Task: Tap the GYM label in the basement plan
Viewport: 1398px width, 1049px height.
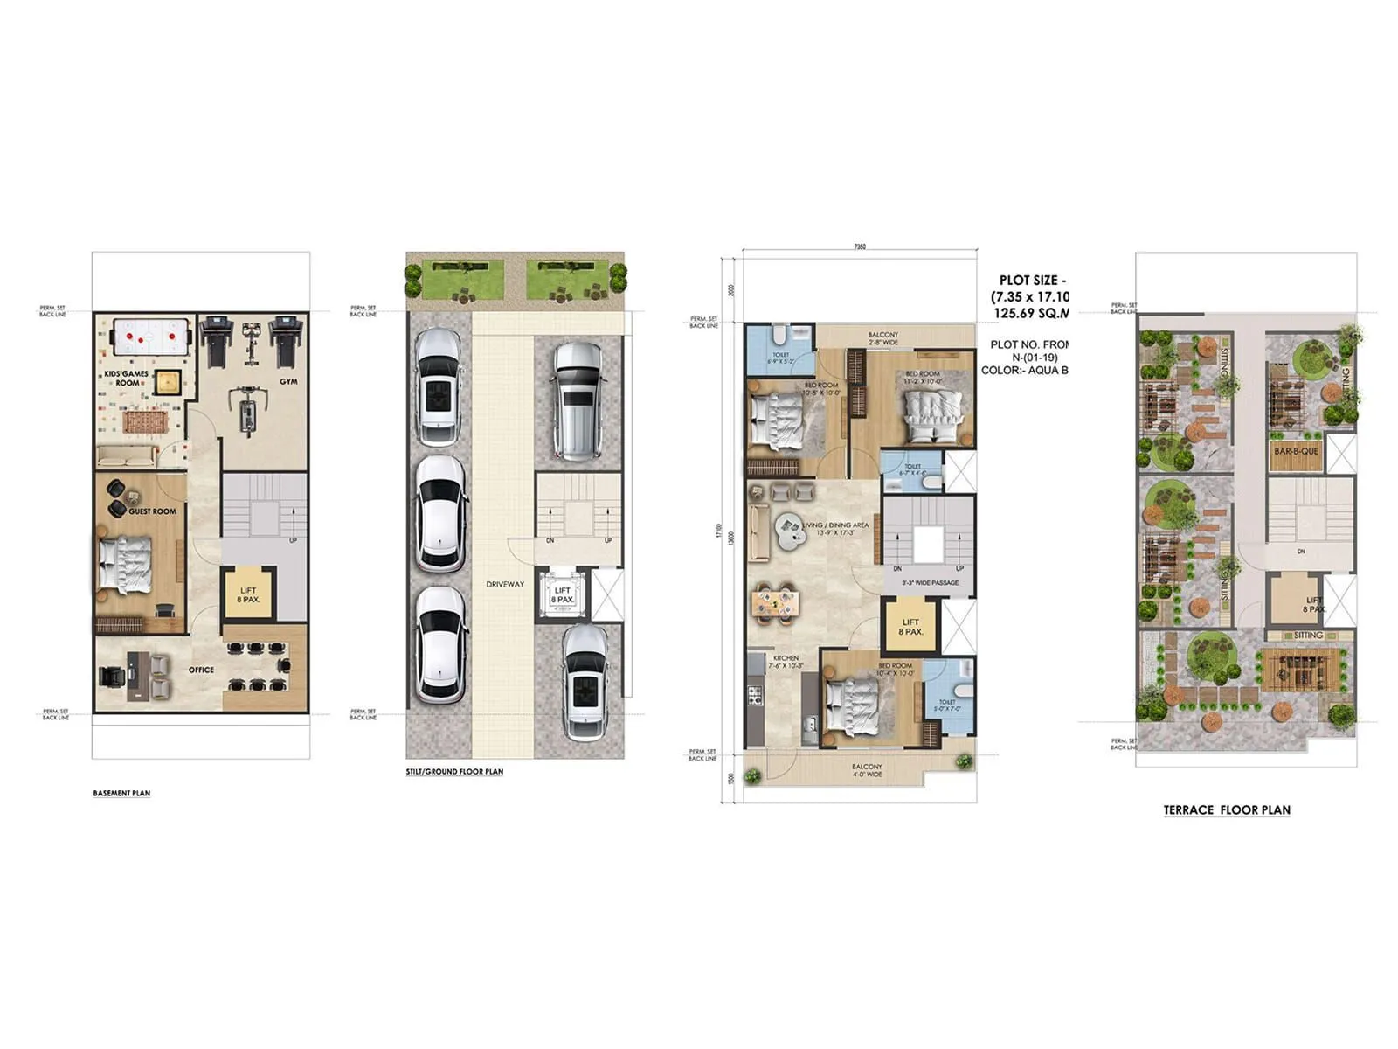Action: tap(288, 382)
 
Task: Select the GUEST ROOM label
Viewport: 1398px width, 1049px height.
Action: tap(152, 511)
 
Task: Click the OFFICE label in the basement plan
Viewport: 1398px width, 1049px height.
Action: tap(201, 670)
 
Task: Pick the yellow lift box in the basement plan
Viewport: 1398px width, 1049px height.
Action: tap(248, 594)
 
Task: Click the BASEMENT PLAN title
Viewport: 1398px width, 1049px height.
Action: tap(121, 794)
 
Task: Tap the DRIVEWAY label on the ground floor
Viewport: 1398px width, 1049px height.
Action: tap(505, 584)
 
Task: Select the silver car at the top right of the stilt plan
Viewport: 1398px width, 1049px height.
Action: tap(577, 400)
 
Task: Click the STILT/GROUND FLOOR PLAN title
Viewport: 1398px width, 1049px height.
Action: tap(454, 772)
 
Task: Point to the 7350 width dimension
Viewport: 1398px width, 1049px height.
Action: tap(860, 247)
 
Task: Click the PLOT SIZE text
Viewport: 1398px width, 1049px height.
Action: tap(1028, 281)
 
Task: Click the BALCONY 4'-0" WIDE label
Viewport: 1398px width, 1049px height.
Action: tap(867, 770)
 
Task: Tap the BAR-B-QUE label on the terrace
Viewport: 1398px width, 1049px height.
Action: tap(1296, 451)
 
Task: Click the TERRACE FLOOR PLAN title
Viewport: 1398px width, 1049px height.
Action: tap(1226, 810)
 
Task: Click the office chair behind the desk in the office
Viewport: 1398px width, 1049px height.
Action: tap(111, 676)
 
